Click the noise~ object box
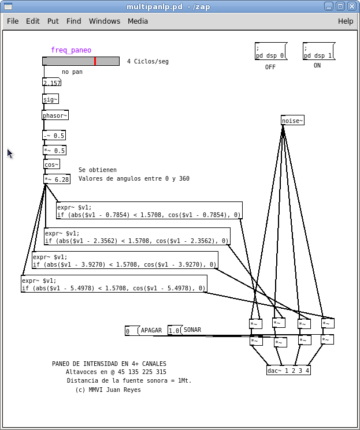[x=292, y=120]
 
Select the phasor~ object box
[x=55, y=115]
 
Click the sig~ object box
[x=51, y=99]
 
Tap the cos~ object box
[x=51, y=164]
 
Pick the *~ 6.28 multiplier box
[x=57, y=179]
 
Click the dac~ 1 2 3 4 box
[x=289, y=370]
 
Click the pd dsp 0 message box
[x=270, y=51]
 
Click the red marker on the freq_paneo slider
[x=95, y=61]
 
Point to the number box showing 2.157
[x=51, y=83]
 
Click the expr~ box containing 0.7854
[x=149, y=211]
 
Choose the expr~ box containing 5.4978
[x=114, y=284]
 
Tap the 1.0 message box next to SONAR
[x=174, y=331]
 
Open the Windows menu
[x=104, y=21]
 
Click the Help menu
[x=345, y=21]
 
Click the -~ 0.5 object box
[x=54, y=136]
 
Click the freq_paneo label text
[x=70, y=50]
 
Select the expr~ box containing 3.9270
[x=125, y=260]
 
